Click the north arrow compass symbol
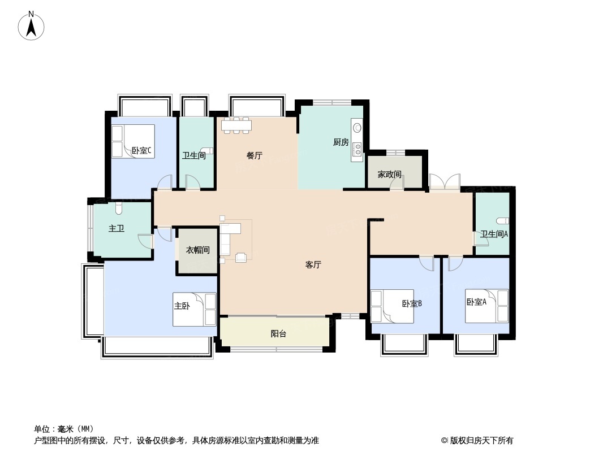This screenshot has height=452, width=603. point(31,26)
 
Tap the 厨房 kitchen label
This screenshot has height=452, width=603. point(341,142)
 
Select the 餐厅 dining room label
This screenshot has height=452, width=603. point(254,155)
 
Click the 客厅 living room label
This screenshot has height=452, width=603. point(313,264)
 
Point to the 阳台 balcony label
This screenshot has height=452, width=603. point(278,334)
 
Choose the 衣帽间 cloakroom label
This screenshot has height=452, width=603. point(197,250)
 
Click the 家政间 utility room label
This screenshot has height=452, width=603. point(389,175)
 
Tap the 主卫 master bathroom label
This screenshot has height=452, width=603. point(116,228)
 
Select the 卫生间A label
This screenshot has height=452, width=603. point(494,234)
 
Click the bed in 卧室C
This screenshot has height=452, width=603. point(133,141)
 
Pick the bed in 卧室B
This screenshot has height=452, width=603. point(392,306)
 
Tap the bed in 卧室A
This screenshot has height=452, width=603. point(487,306)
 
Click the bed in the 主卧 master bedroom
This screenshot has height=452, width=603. point(195,310)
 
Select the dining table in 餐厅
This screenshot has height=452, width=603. point(236,125)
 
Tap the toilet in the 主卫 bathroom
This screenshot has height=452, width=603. point(119,208)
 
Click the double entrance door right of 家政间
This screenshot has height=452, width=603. point(445,181)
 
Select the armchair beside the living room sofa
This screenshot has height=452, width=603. point(241,258)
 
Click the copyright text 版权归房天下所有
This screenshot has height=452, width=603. point(481,441)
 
